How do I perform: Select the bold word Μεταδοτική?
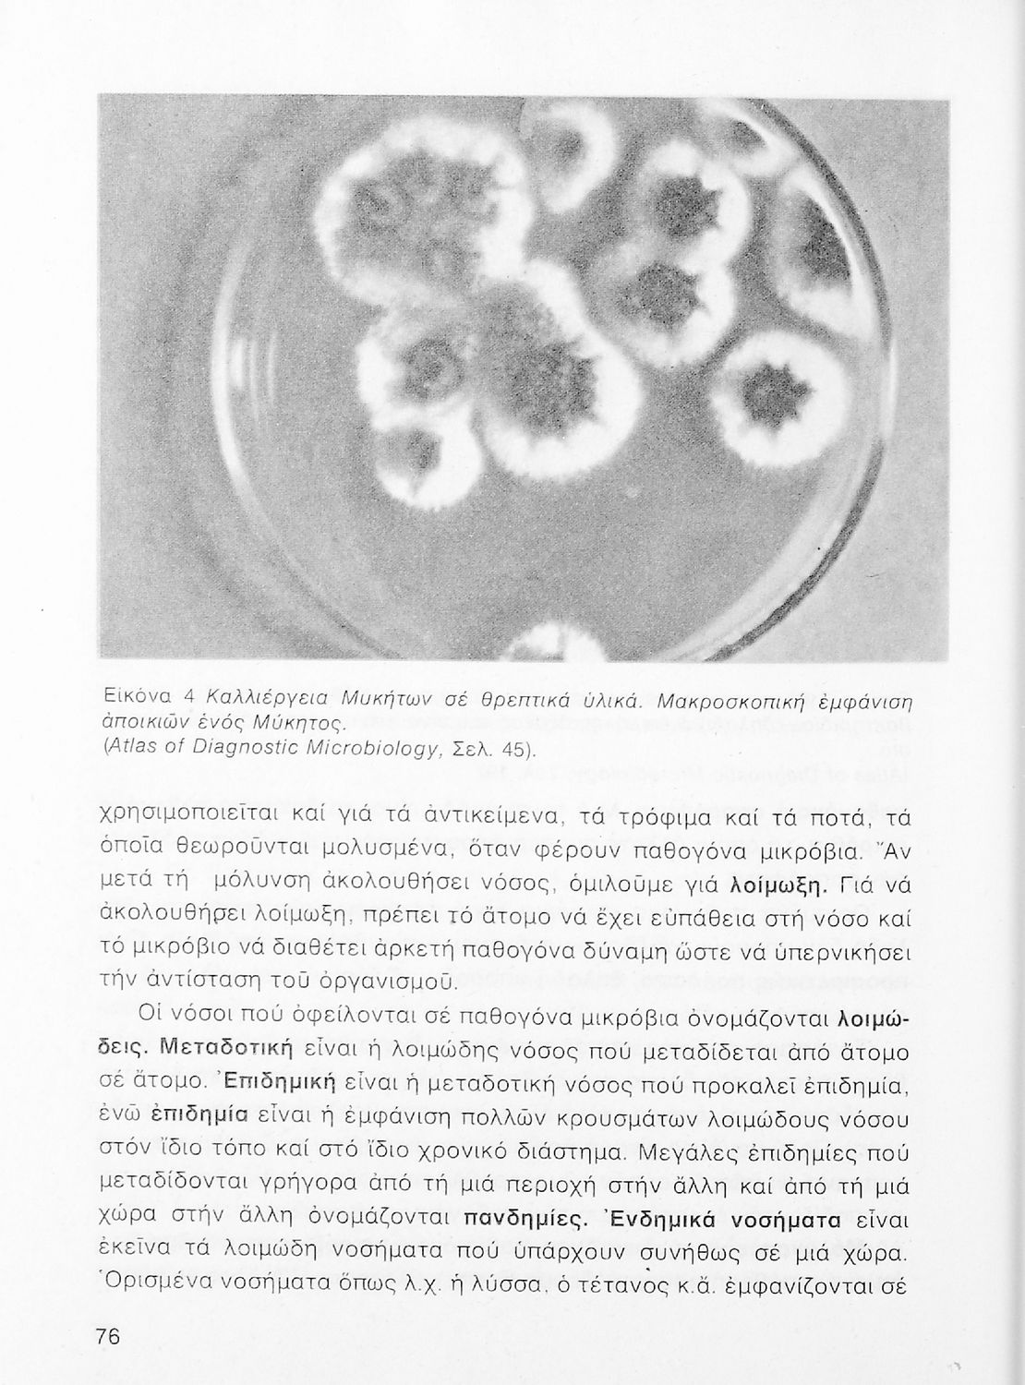[x=226, y=1049]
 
